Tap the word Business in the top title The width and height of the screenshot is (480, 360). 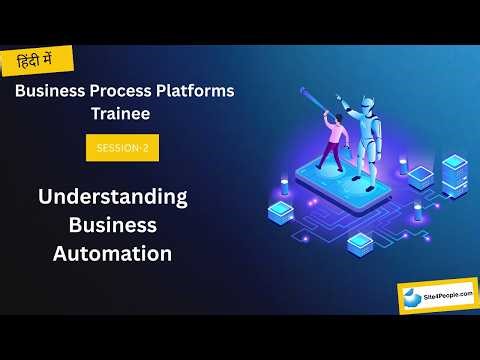click(x=56, y=91)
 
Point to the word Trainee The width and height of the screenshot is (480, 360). click(x=123, y=114)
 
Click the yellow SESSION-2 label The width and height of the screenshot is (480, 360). click(x=122, y=147)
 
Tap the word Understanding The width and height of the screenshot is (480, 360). click(x=113, y=196)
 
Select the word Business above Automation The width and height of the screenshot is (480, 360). click(x=112, y=225)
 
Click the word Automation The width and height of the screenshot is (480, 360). click(x=112, y=253)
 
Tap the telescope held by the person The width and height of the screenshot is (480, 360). click(x=317, y=105)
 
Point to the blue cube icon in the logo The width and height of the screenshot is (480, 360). click(x=413, y=297)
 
